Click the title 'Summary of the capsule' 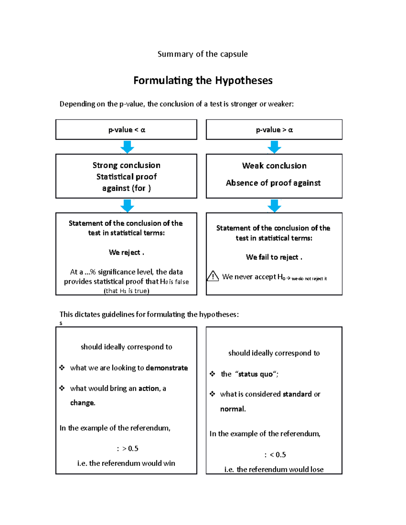point(202,54)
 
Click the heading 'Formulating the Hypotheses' point(203,80)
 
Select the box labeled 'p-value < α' point(126,130)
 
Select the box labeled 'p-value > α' point(274,130)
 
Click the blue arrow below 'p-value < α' point(127,147)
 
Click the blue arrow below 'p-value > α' point(274,147)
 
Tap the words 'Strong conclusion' point(126,165)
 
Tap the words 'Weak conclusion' point(274,166)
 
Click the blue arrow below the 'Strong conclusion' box point(127,206)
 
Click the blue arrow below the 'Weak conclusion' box point(274,206)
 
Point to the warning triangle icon point(213,276)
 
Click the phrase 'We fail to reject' point(272,257)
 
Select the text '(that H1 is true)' point(126,291)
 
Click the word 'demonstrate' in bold point(167,368)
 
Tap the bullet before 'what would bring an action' point(62,388)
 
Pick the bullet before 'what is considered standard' point(212,394)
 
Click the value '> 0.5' point(130,449)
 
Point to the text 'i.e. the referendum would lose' point(274,469)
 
